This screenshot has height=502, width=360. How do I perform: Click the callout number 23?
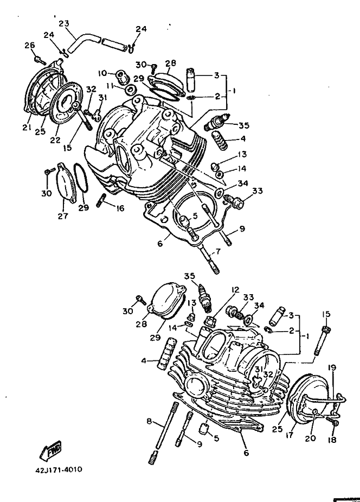click(x=64, y=23)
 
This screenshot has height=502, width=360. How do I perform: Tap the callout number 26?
click(x=29, y=45)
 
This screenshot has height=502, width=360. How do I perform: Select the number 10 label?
click(x=102, y=73)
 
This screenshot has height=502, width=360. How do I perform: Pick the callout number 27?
click(x=64, y=216)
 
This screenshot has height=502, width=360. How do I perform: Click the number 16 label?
click(x=120, y=208)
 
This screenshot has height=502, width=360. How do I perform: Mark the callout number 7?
click(x=217, y=251)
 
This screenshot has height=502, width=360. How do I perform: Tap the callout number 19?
click(x=332, y=367)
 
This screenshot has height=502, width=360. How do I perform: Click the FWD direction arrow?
click(x=50, y=450)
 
